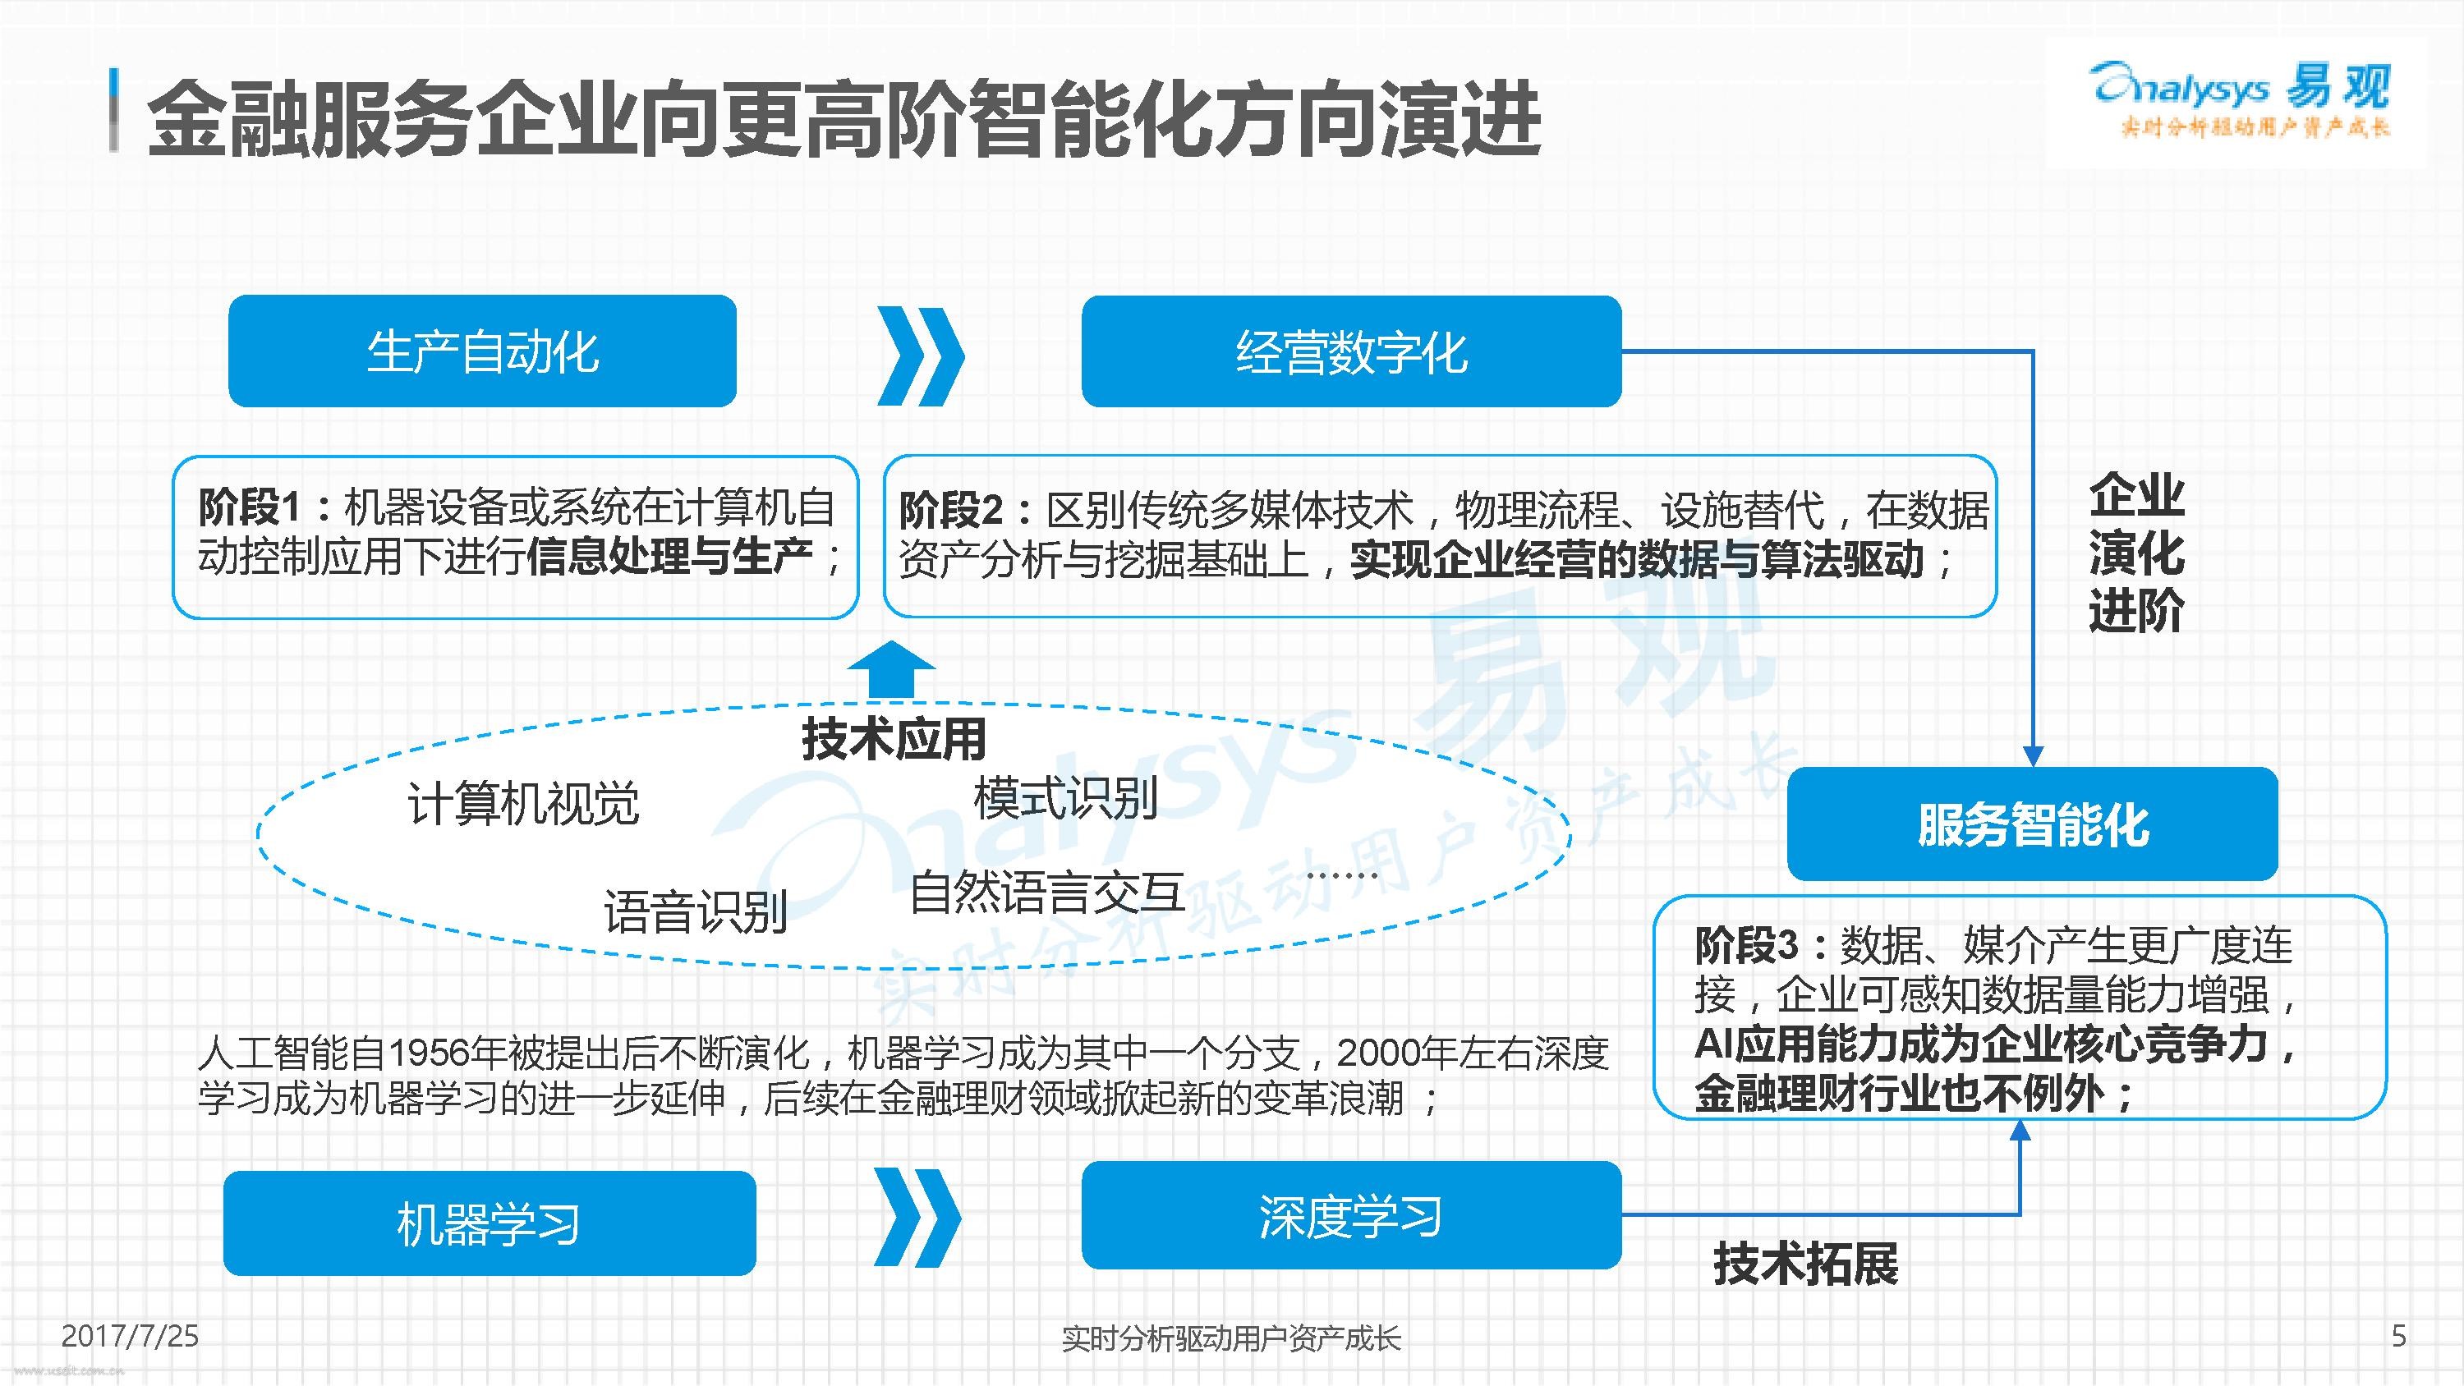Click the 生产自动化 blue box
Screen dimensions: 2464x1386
(x=482, y=351)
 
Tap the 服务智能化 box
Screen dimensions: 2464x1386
(x=2032, y=824)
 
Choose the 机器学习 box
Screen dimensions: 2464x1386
(x=489, y=1223)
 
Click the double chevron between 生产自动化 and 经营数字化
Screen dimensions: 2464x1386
(x=920, y=356)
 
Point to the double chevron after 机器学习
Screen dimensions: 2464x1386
(x=917, y=1218)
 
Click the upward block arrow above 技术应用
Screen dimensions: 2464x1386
(x=891, y=668)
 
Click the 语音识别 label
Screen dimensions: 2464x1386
(x=696, y=911)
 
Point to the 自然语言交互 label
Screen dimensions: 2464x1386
(x=1047, y=892)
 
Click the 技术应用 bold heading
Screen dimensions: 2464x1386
(x=894, y=738)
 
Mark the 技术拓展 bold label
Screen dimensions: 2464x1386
(x=1806, y=1264)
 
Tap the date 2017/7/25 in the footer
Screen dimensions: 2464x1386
(x=130, y=1335)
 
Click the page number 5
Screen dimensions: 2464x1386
(x=2398, y=1335)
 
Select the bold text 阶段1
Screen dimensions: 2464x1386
(x=250, y=507)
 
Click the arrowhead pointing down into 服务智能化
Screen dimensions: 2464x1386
(x=2033, y=755)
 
